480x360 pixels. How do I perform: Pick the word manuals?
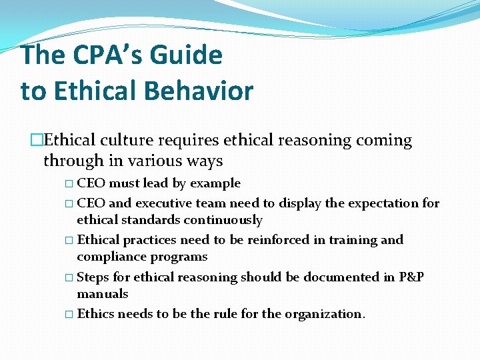coord(103,294)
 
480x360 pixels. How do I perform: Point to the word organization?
coord(325,314)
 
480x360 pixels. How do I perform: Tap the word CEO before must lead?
coord(91,183)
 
